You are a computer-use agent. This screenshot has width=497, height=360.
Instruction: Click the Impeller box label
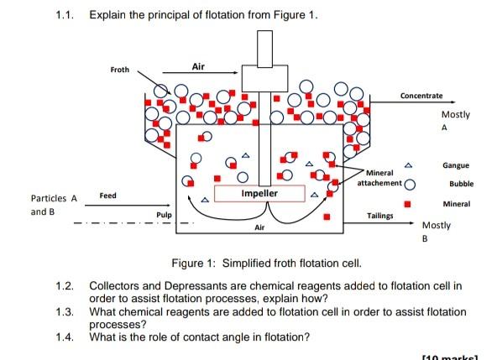259,194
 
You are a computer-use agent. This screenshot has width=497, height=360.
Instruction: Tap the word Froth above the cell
119,70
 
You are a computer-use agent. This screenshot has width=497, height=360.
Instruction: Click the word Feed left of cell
108,195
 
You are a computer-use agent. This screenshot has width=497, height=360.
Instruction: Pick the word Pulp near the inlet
164,216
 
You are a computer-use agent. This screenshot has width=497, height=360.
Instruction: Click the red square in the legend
408,204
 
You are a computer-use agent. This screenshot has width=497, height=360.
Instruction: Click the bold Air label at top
198,66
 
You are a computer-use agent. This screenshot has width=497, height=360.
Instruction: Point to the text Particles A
54,199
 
